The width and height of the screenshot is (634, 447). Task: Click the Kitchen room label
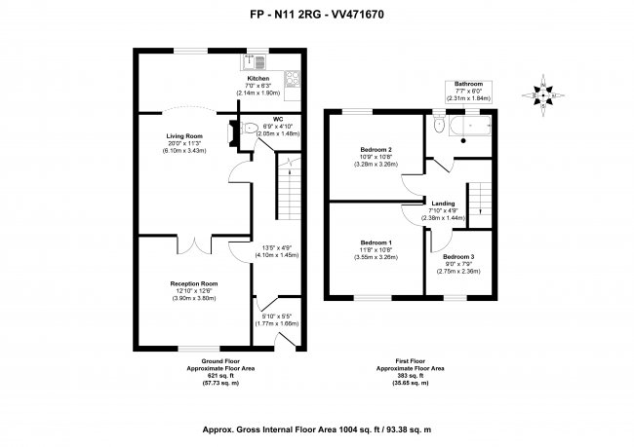click(x=258, y=78)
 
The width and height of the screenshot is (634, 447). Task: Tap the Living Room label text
click(x=183, y=136)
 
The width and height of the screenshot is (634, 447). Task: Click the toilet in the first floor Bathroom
click(x=439, y=127)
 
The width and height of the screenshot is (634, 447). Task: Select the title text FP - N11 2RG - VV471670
click(x=316, y=16)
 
